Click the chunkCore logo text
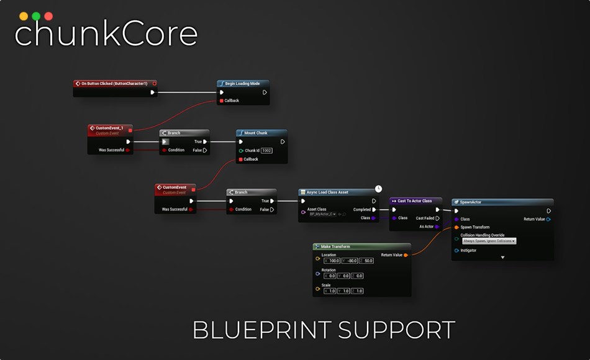(x=106, y=34)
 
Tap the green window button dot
(x=36, y=16)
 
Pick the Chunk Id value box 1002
(x=266, y=150)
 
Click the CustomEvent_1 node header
(x=109, y=128)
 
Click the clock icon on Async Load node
(x=378, y=188)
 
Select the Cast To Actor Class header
(x=415, y=201)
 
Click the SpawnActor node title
(x=470, y=202)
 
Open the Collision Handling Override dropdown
(x=488, y=241)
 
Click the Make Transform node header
(x=335, y=246)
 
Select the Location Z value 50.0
(x=368, y=261)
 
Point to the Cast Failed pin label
(x=425, y=218)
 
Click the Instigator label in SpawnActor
(x=469, y=251)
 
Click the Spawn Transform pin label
(x=475, y=227)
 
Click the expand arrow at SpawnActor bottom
(x=502, y=257)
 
